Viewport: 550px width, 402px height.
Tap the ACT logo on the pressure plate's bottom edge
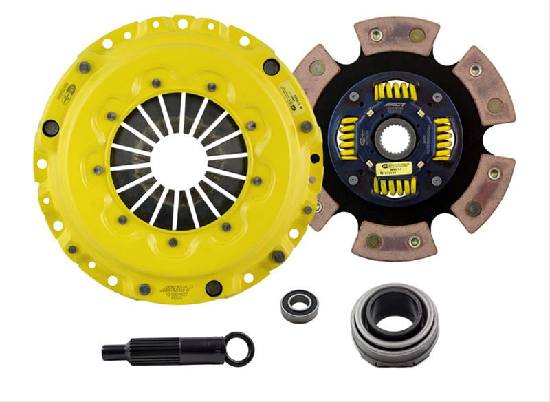[x=176, y=290]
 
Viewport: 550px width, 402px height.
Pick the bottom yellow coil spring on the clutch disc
[x=395, y=187]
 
